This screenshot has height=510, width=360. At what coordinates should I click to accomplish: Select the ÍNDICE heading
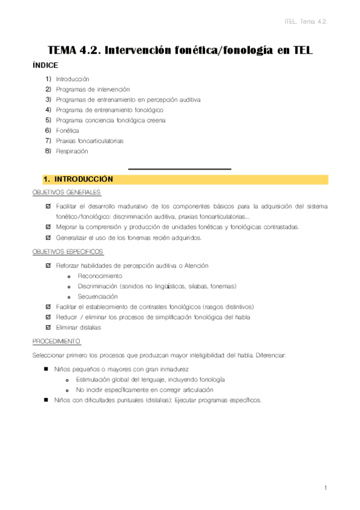click(x=45, y=66)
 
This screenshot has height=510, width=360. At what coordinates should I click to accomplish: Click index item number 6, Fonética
click(x=67, y=131)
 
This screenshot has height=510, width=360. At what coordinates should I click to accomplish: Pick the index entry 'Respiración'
click(x=72, y=152)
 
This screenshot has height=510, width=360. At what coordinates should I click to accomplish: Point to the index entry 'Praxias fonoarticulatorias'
click(x=90, y=141)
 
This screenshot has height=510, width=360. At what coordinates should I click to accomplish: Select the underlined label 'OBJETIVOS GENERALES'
click(x=67, y=192)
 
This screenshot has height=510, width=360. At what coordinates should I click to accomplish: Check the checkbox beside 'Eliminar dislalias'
click(x=49, y=328)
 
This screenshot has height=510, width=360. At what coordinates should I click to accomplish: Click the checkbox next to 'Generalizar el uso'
click(x=49, y=238)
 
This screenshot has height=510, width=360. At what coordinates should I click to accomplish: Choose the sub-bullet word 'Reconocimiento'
click(x=100, y=275)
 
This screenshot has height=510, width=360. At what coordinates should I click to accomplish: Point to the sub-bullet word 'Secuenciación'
click(x=97, y=296)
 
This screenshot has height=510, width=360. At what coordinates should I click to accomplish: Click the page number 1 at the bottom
click(x=325, y=488)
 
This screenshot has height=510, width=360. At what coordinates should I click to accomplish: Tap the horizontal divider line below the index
click(x=180, y=169)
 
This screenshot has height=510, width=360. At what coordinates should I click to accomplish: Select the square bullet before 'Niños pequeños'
click(x=46, y=369)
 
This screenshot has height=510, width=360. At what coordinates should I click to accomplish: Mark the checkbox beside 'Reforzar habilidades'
click(x=49, y=265)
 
